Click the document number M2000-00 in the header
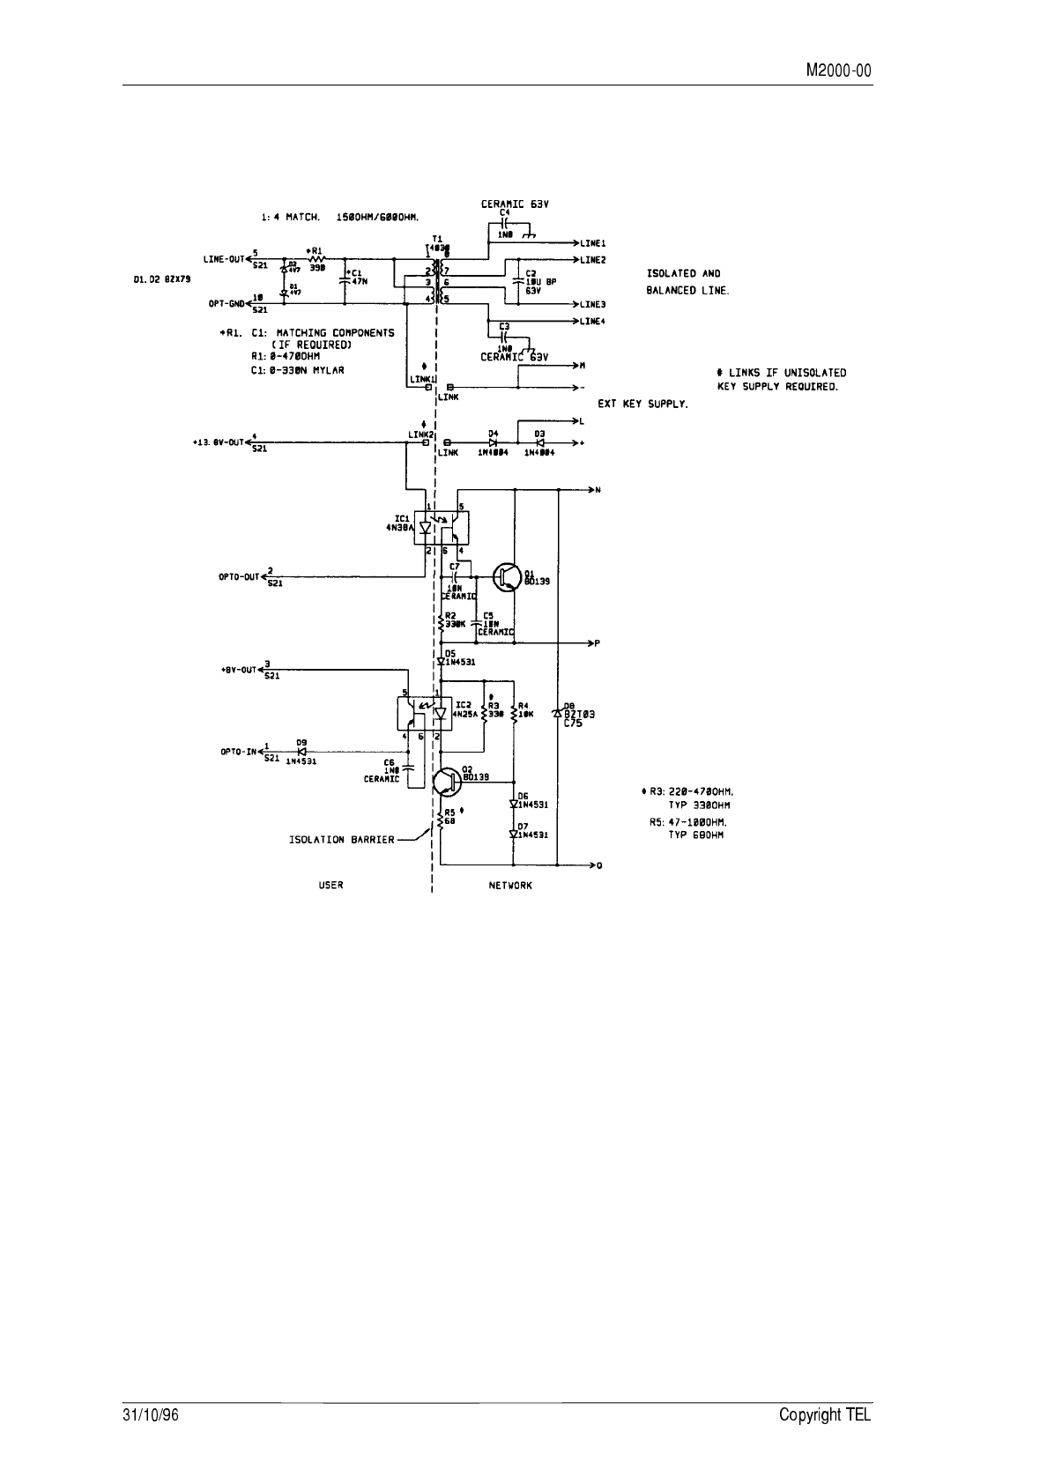(839, 71)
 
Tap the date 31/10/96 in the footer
(145, 1414)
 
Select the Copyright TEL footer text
(825, 1414)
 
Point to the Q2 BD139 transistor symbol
(447, 781)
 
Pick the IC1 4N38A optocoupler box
(442, 528)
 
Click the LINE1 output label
(592, 242)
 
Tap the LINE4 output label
(592, 321)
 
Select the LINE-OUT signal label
(223, 258)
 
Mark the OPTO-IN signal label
(238, 752)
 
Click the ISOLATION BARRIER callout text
(342, 839)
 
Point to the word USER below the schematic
(330, 885)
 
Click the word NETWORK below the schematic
(510, 885)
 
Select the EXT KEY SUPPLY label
(642, 404)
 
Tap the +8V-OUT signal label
(238, 670)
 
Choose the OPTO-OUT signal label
(239, 577)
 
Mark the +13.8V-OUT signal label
(217, 442)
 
